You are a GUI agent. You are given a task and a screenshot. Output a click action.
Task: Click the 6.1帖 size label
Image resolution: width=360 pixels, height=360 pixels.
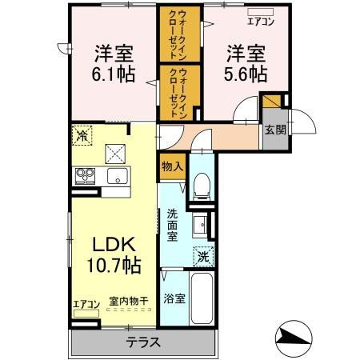[x=114, y=74]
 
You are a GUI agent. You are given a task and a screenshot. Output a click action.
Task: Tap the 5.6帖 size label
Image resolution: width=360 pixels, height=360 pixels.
[x=246, y=74]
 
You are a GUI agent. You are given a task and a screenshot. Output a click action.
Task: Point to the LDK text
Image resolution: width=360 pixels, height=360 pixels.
[x=114, y=245]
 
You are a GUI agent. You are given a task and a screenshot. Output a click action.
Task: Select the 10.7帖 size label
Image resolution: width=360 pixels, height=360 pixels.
[x=114, y=266]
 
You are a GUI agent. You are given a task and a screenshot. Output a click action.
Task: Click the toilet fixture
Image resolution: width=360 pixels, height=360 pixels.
[x=202, y=186]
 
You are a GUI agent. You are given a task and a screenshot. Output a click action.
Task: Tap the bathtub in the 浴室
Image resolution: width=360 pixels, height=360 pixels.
[x=202, y=298]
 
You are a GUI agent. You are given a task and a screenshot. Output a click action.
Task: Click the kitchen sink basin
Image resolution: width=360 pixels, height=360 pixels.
[x=118, y=176]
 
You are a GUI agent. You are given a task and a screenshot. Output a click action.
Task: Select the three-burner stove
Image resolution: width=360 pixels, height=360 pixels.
[x=85, y=176]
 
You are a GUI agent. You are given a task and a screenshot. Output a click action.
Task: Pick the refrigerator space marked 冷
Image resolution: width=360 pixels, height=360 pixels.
[x=82, y=136]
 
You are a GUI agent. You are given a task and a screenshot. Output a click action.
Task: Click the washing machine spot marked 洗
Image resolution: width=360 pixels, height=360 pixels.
[x=204, y=257]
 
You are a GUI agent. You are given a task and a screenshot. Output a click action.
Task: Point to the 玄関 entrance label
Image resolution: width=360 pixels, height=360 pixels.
[x=275, y=130]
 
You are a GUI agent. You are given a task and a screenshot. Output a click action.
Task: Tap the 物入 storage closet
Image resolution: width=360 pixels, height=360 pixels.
[x=172, y=167]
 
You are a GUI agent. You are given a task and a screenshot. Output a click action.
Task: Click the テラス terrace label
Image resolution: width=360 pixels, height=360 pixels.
[x=143, y=342]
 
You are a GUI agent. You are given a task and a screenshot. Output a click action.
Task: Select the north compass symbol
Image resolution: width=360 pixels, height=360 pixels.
[x=294, y=338]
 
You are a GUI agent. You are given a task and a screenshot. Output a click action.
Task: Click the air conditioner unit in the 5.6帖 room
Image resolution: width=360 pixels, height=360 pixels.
[x=260, y=12]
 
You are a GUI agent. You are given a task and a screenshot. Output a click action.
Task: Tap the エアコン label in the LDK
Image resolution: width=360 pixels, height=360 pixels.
[x=86, y=305]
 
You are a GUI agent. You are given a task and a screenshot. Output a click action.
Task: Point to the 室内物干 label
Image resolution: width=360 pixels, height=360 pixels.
[x=129, y=302]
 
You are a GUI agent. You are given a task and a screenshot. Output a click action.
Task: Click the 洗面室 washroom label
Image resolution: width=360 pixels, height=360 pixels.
[x=172, y=226]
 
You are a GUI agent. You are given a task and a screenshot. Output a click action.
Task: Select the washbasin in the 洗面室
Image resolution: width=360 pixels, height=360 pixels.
[x=199, y=225]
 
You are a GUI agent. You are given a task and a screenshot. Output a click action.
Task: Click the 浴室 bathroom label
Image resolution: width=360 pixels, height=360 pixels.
[x=174, y=298]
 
